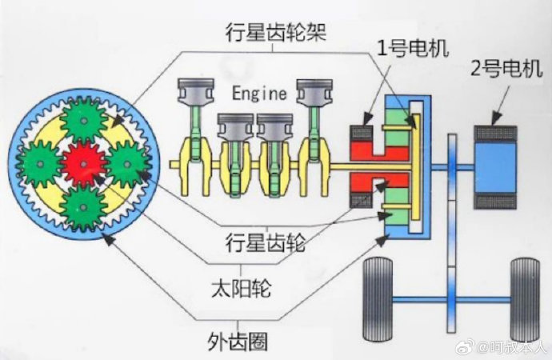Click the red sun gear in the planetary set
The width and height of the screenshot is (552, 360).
[x=83, y=164]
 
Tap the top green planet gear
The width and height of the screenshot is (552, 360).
[x=84, y=121]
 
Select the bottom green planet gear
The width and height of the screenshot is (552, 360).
[x=83, y=208]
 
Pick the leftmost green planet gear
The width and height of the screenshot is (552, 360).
[x=40, y=164]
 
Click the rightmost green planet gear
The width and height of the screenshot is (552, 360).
[x=127, y=164]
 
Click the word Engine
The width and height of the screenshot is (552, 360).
[x=259, y=94]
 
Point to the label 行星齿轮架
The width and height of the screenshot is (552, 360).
[x=277, y=32]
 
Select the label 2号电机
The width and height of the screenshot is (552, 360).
[x=506, y=68]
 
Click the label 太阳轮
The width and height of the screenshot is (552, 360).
[x=242, y=289]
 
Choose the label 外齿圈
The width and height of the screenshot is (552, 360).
[x=238, y=341]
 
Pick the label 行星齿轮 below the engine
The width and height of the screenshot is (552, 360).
[x=266, y=242]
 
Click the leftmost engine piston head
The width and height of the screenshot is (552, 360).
[x=196, y=90]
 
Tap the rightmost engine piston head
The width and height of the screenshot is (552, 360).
[x=314, y=90]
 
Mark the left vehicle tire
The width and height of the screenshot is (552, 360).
[x=378, y=299]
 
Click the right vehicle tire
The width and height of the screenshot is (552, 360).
[x=525, y=299]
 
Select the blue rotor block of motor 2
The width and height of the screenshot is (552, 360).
[x=496, y=166]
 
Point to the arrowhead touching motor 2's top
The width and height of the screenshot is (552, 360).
[x=497, y=118]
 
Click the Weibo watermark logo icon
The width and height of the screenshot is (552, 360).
[x=465, y=348]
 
